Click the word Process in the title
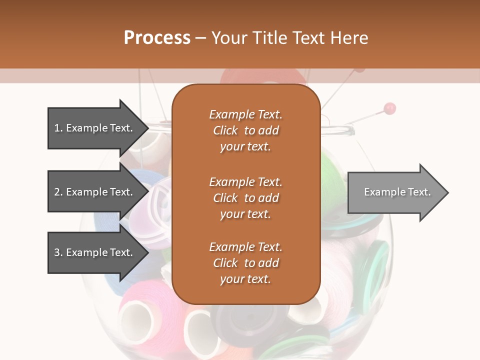coord(157,37)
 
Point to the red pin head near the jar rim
coord(389,107)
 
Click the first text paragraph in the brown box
coord(245,130)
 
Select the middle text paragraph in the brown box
coord(245,197)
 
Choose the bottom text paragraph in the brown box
coord(245,263)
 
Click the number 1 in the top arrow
coord(57,128)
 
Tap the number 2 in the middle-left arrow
coord(57,192)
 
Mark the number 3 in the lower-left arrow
coord(57,252)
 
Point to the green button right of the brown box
coord(375,265)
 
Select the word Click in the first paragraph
coord(225,130)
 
